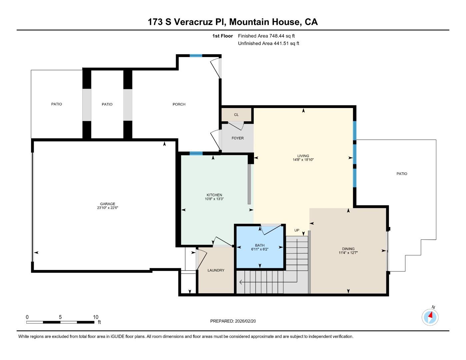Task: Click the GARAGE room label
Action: (107, 204)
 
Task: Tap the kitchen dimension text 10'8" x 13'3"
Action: (214, 199)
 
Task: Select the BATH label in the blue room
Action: (260, 245)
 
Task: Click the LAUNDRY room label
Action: (216, 270)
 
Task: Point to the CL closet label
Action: (236, 115)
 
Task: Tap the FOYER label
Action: (237, 138)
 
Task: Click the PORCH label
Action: (179, 104)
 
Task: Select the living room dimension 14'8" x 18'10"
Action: (303, 160)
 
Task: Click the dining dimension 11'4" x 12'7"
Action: (348, 253)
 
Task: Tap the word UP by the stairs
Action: (297, 230)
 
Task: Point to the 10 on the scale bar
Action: (95, 317)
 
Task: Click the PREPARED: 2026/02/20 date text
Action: (233, 321)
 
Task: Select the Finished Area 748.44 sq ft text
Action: (266, 36)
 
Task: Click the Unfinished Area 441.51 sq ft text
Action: (268, 43)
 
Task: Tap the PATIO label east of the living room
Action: (402, 174)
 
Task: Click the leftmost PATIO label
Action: (56, 104)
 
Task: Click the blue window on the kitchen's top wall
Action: (196, 153)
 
